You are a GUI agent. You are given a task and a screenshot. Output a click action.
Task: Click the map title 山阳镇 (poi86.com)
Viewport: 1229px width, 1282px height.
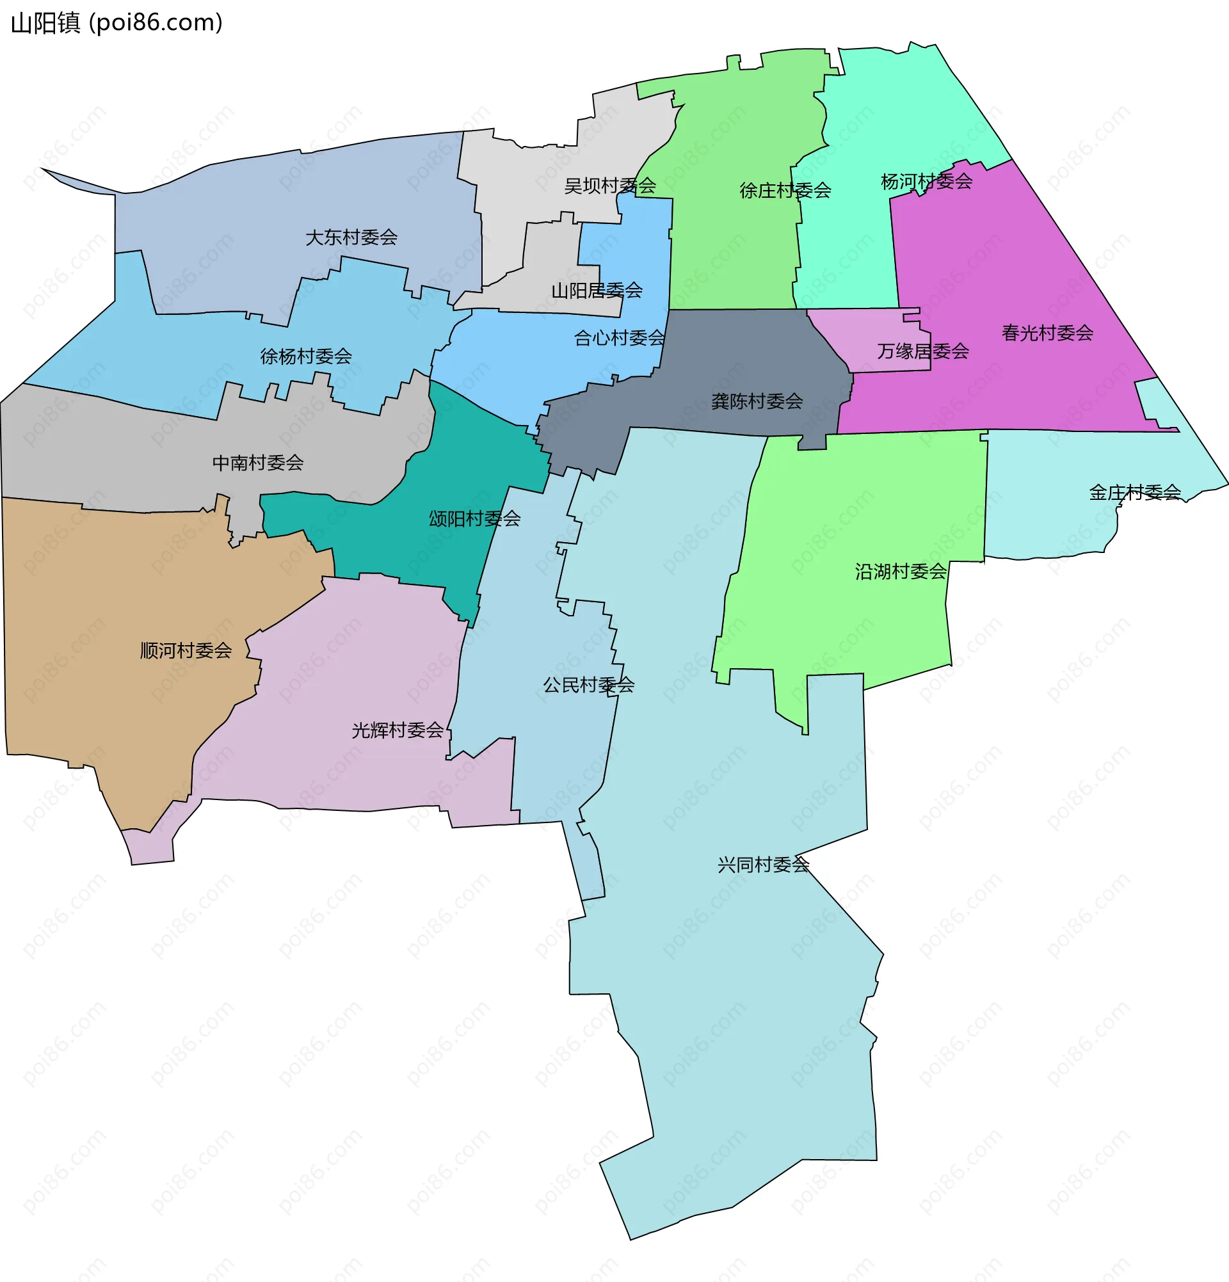(116, 23)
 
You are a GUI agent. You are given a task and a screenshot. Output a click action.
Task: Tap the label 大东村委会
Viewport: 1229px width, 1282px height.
(351, 237)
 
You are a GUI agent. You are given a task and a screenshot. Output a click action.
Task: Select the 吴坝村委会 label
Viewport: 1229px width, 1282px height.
(609, 186)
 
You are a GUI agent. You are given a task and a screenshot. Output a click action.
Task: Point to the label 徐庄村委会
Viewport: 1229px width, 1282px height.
(785, 190)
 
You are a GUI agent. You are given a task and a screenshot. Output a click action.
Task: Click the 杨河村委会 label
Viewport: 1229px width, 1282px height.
(926, 182)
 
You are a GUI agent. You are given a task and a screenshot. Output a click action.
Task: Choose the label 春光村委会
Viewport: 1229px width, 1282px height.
(1047, 333)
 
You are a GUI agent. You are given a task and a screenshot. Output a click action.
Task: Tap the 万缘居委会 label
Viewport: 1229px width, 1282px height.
(923, 351)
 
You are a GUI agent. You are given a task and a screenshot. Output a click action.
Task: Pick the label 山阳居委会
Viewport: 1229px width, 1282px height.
(597, 291)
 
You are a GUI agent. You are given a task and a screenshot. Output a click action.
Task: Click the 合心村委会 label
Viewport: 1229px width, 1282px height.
(620, 338)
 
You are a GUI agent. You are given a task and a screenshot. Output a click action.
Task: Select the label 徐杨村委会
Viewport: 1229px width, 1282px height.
(306, 357)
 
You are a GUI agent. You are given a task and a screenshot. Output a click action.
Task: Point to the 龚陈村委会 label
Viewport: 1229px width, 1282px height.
(757, 401)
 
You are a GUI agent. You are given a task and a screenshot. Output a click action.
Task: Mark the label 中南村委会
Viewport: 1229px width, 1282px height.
(258, 463)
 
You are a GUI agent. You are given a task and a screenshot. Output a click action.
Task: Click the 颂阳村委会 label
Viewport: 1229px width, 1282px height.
(474, 519)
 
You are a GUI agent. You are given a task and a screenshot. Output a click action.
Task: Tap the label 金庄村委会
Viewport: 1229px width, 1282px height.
(1134, 493)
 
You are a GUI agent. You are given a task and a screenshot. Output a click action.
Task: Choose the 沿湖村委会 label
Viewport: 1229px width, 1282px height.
(900, 572)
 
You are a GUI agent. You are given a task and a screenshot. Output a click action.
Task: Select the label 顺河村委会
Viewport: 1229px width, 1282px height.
(186, 651)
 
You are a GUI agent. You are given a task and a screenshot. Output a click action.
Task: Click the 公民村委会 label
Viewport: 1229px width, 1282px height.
(588, 685)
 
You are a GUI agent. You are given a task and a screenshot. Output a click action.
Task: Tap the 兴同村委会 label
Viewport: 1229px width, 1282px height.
(762, 865)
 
